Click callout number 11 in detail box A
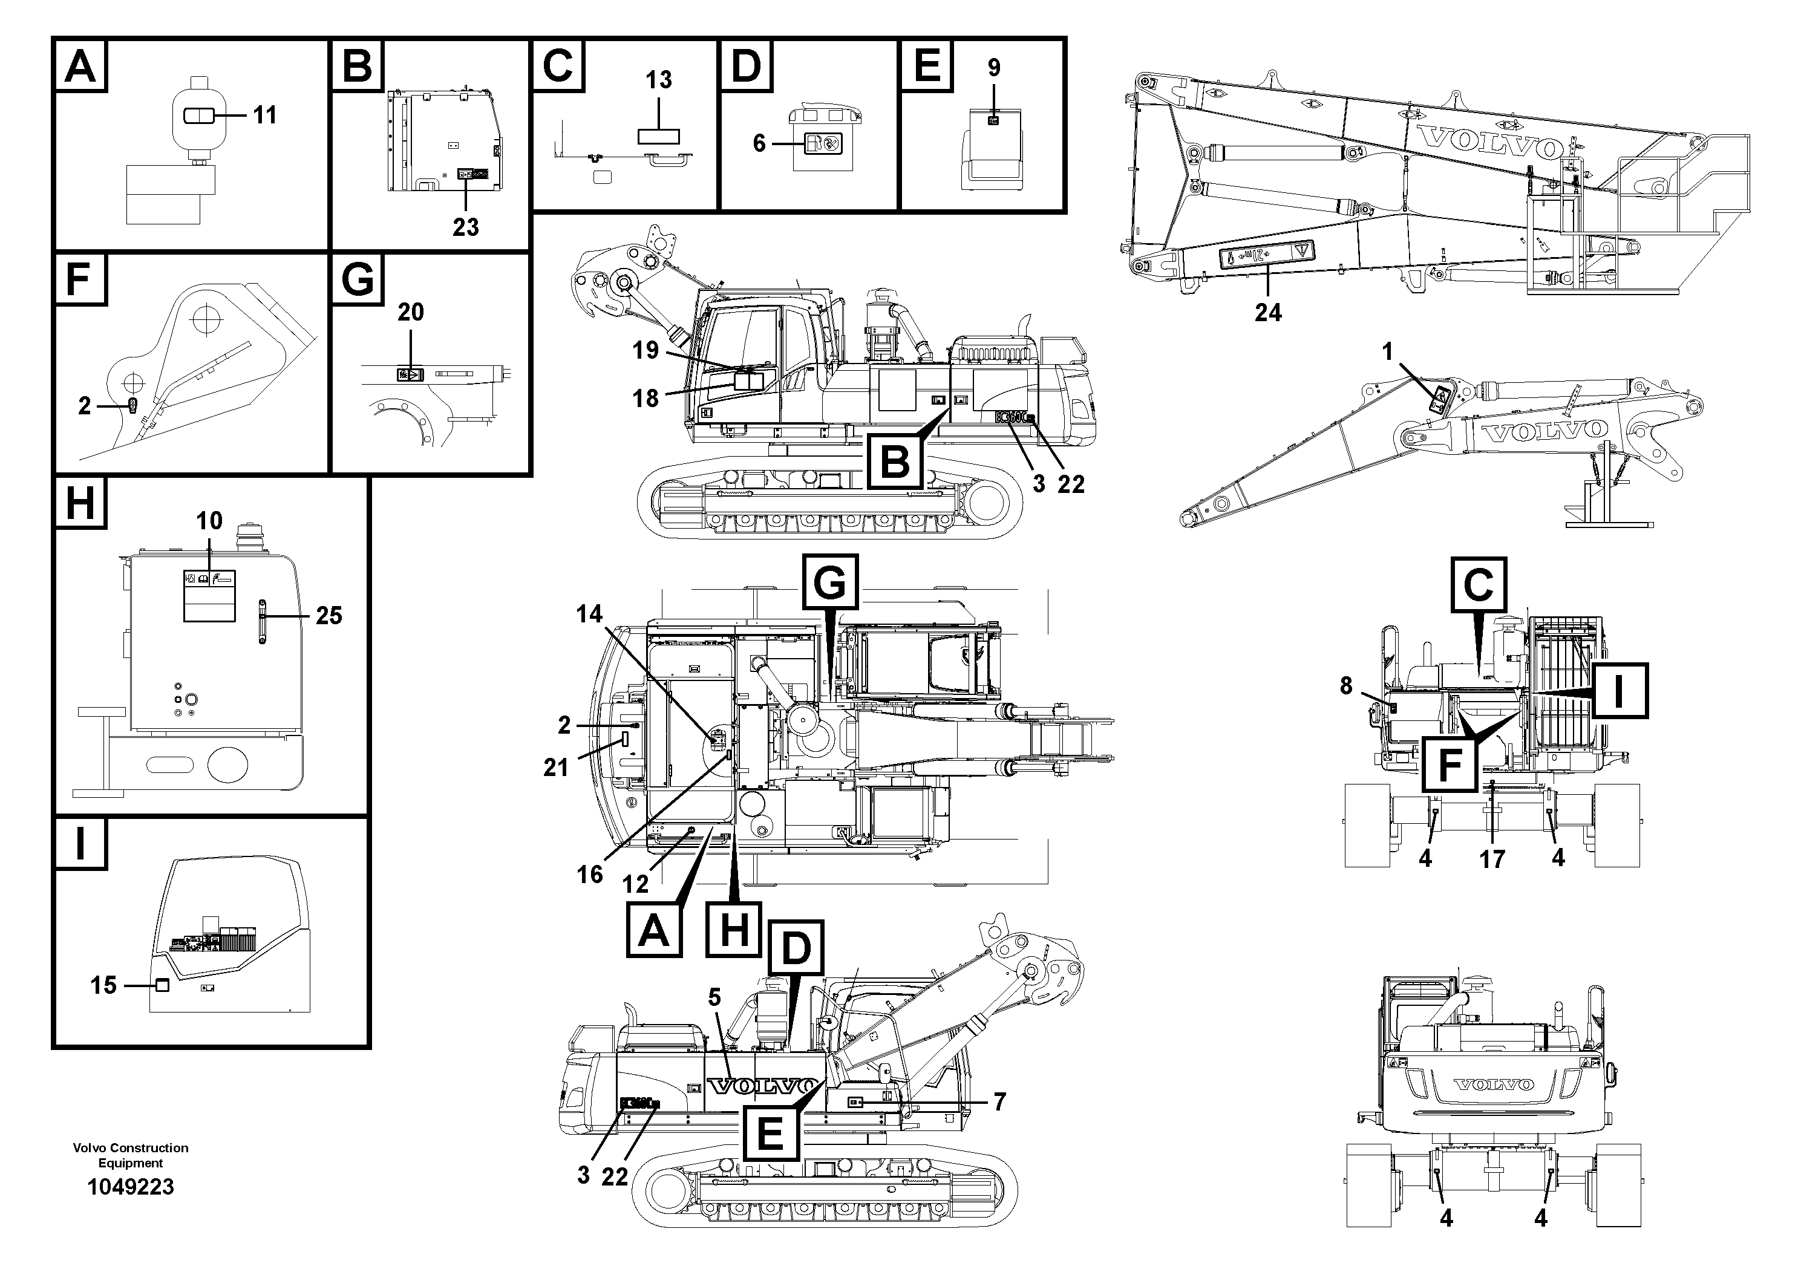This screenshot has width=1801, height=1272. click(264, 116)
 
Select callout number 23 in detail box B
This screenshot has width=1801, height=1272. click(465, 227)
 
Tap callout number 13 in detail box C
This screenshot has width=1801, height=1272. click(658, 80)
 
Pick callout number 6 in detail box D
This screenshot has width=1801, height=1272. click(759, 143)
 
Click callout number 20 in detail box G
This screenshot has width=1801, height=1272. click(410, 312)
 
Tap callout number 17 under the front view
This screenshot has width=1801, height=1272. click(1492, 859)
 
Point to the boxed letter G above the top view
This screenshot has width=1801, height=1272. click(830, 582)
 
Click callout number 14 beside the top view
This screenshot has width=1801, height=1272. click(590, 614)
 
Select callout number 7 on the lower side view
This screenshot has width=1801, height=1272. click(999, 1103)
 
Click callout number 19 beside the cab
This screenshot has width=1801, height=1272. click(646, 351)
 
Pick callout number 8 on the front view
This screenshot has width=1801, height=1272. click(1345, 686)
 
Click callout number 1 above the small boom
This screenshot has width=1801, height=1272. click(1387, 352)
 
